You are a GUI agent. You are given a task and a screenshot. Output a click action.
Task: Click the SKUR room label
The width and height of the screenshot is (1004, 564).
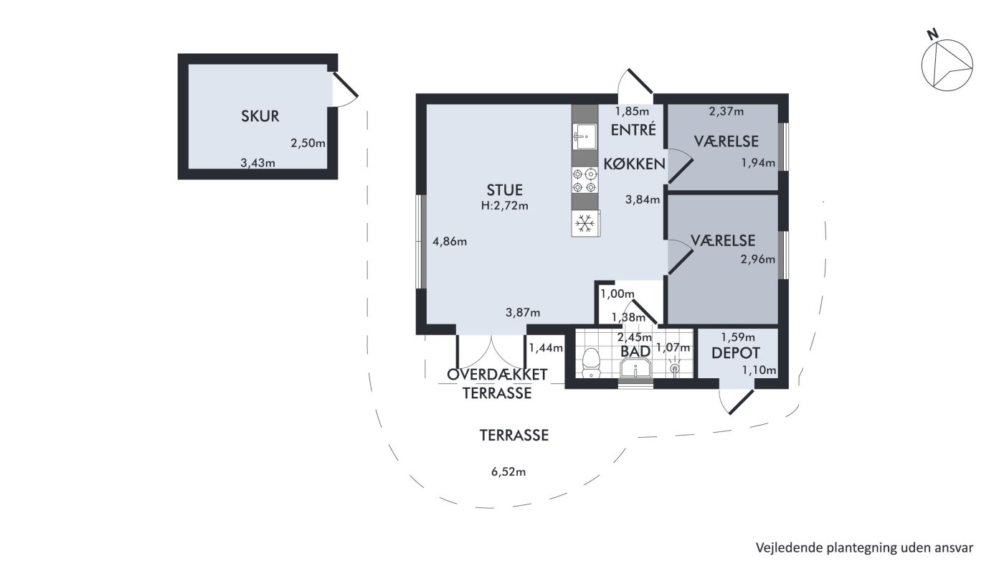260,116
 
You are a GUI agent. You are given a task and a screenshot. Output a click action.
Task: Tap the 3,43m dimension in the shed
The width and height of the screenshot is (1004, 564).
257,163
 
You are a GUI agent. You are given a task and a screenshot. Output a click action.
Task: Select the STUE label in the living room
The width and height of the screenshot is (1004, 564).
505,190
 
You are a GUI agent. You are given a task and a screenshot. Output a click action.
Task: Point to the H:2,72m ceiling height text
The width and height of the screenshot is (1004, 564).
505,206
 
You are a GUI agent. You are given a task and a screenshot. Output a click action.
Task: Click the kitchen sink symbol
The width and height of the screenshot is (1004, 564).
584,137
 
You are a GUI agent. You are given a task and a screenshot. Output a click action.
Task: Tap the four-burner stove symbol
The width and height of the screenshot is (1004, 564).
584,180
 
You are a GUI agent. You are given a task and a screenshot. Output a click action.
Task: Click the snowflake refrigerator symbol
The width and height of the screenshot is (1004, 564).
585,223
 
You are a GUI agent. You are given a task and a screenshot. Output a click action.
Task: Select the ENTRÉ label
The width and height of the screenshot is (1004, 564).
633,130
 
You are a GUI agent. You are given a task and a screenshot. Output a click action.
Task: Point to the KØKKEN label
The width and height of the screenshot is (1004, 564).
634,164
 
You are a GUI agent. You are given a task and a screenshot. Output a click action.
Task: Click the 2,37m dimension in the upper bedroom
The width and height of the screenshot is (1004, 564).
726,111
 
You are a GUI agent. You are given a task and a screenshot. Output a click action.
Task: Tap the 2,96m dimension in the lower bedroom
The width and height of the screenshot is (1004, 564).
757,259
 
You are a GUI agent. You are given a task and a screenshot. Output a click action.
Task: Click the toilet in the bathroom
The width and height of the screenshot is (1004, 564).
591,362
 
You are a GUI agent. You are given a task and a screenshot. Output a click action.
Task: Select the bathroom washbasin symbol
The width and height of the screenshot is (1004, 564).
635,370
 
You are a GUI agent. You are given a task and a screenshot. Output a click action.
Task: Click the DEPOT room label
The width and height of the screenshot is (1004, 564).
736,353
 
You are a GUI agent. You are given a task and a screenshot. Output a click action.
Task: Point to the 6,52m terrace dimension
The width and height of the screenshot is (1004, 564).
508,471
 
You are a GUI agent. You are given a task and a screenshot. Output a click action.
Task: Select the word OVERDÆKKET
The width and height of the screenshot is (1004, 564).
497,375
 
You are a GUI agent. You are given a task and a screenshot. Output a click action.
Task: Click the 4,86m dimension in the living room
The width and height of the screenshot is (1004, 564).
450,242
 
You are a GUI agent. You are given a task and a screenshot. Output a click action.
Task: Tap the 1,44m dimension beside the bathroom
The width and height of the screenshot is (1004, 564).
546,348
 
